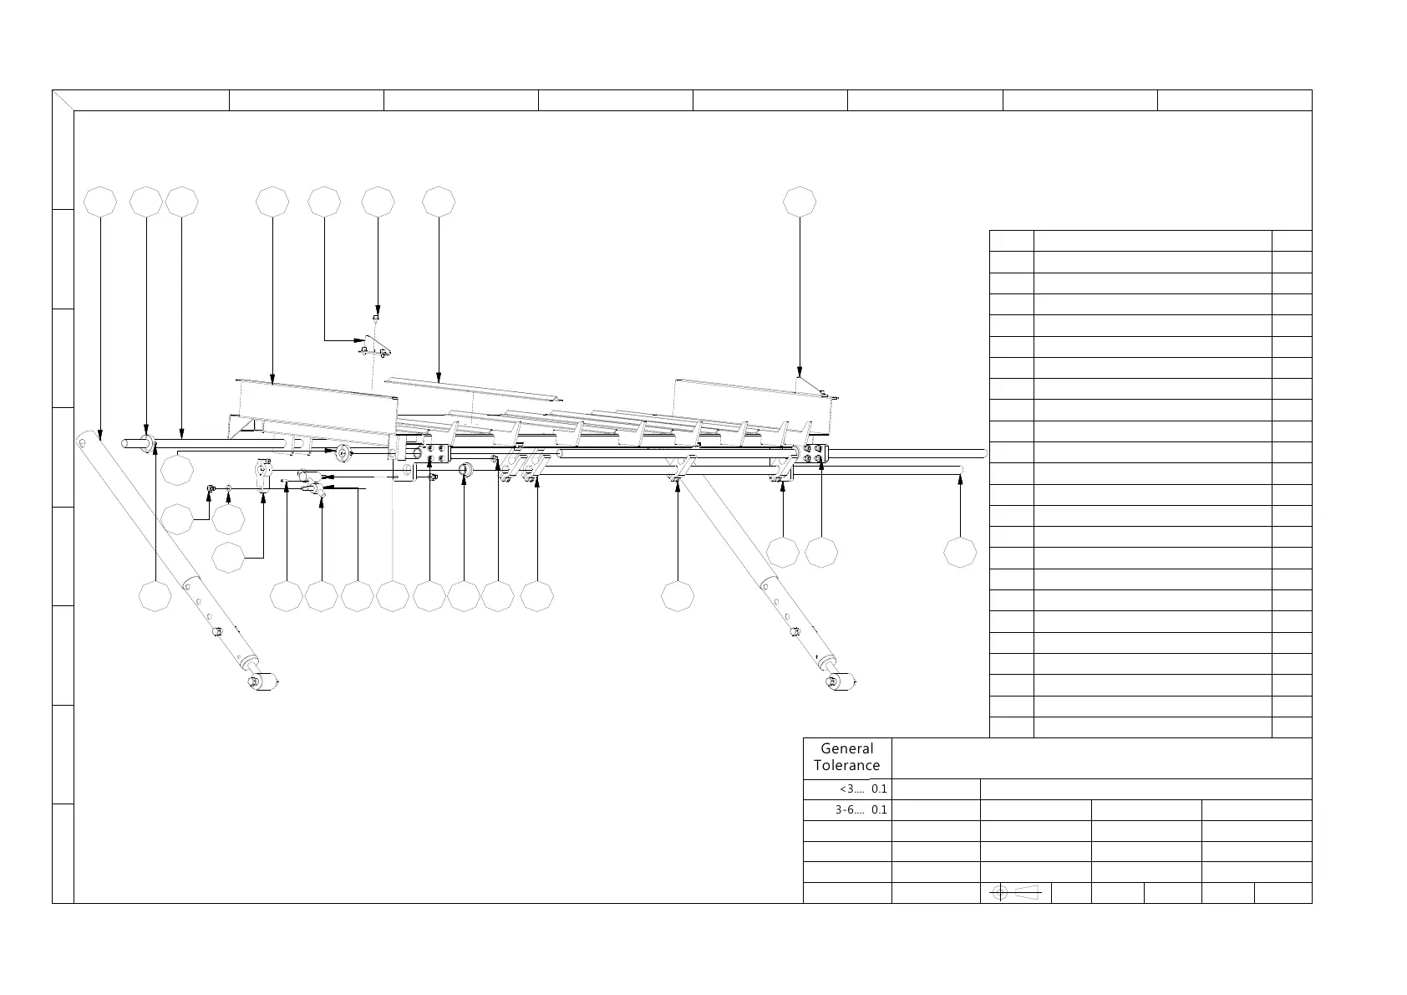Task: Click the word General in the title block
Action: click(x=846, y=749)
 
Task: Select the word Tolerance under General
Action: click(x=846, y=765)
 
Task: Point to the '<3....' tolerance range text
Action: click(x=851, y=788)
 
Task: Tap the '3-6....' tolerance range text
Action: click(x=850, y=810)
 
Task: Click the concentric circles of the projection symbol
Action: click(x=1000, y=893)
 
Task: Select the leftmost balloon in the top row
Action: click(x=101, y=202)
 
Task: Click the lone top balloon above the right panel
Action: click(x=800, y=202)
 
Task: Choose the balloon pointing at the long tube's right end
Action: click(x=960, y=553)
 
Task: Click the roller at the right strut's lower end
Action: click(x=842, y=681)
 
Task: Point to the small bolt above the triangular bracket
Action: click(x=376, y=318)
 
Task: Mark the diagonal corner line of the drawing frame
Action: click(x=63, y=100)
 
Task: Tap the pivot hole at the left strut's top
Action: click(x=85, y=440)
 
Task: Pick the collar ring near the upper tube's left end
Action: click(x=147, y=444)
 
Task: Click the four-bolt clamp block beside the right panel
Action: click(x=810, y=454)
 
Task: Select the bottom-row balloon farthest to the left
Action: click(x=155, y=596)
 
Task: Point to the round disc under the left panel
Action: click(x=343, y=453)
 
